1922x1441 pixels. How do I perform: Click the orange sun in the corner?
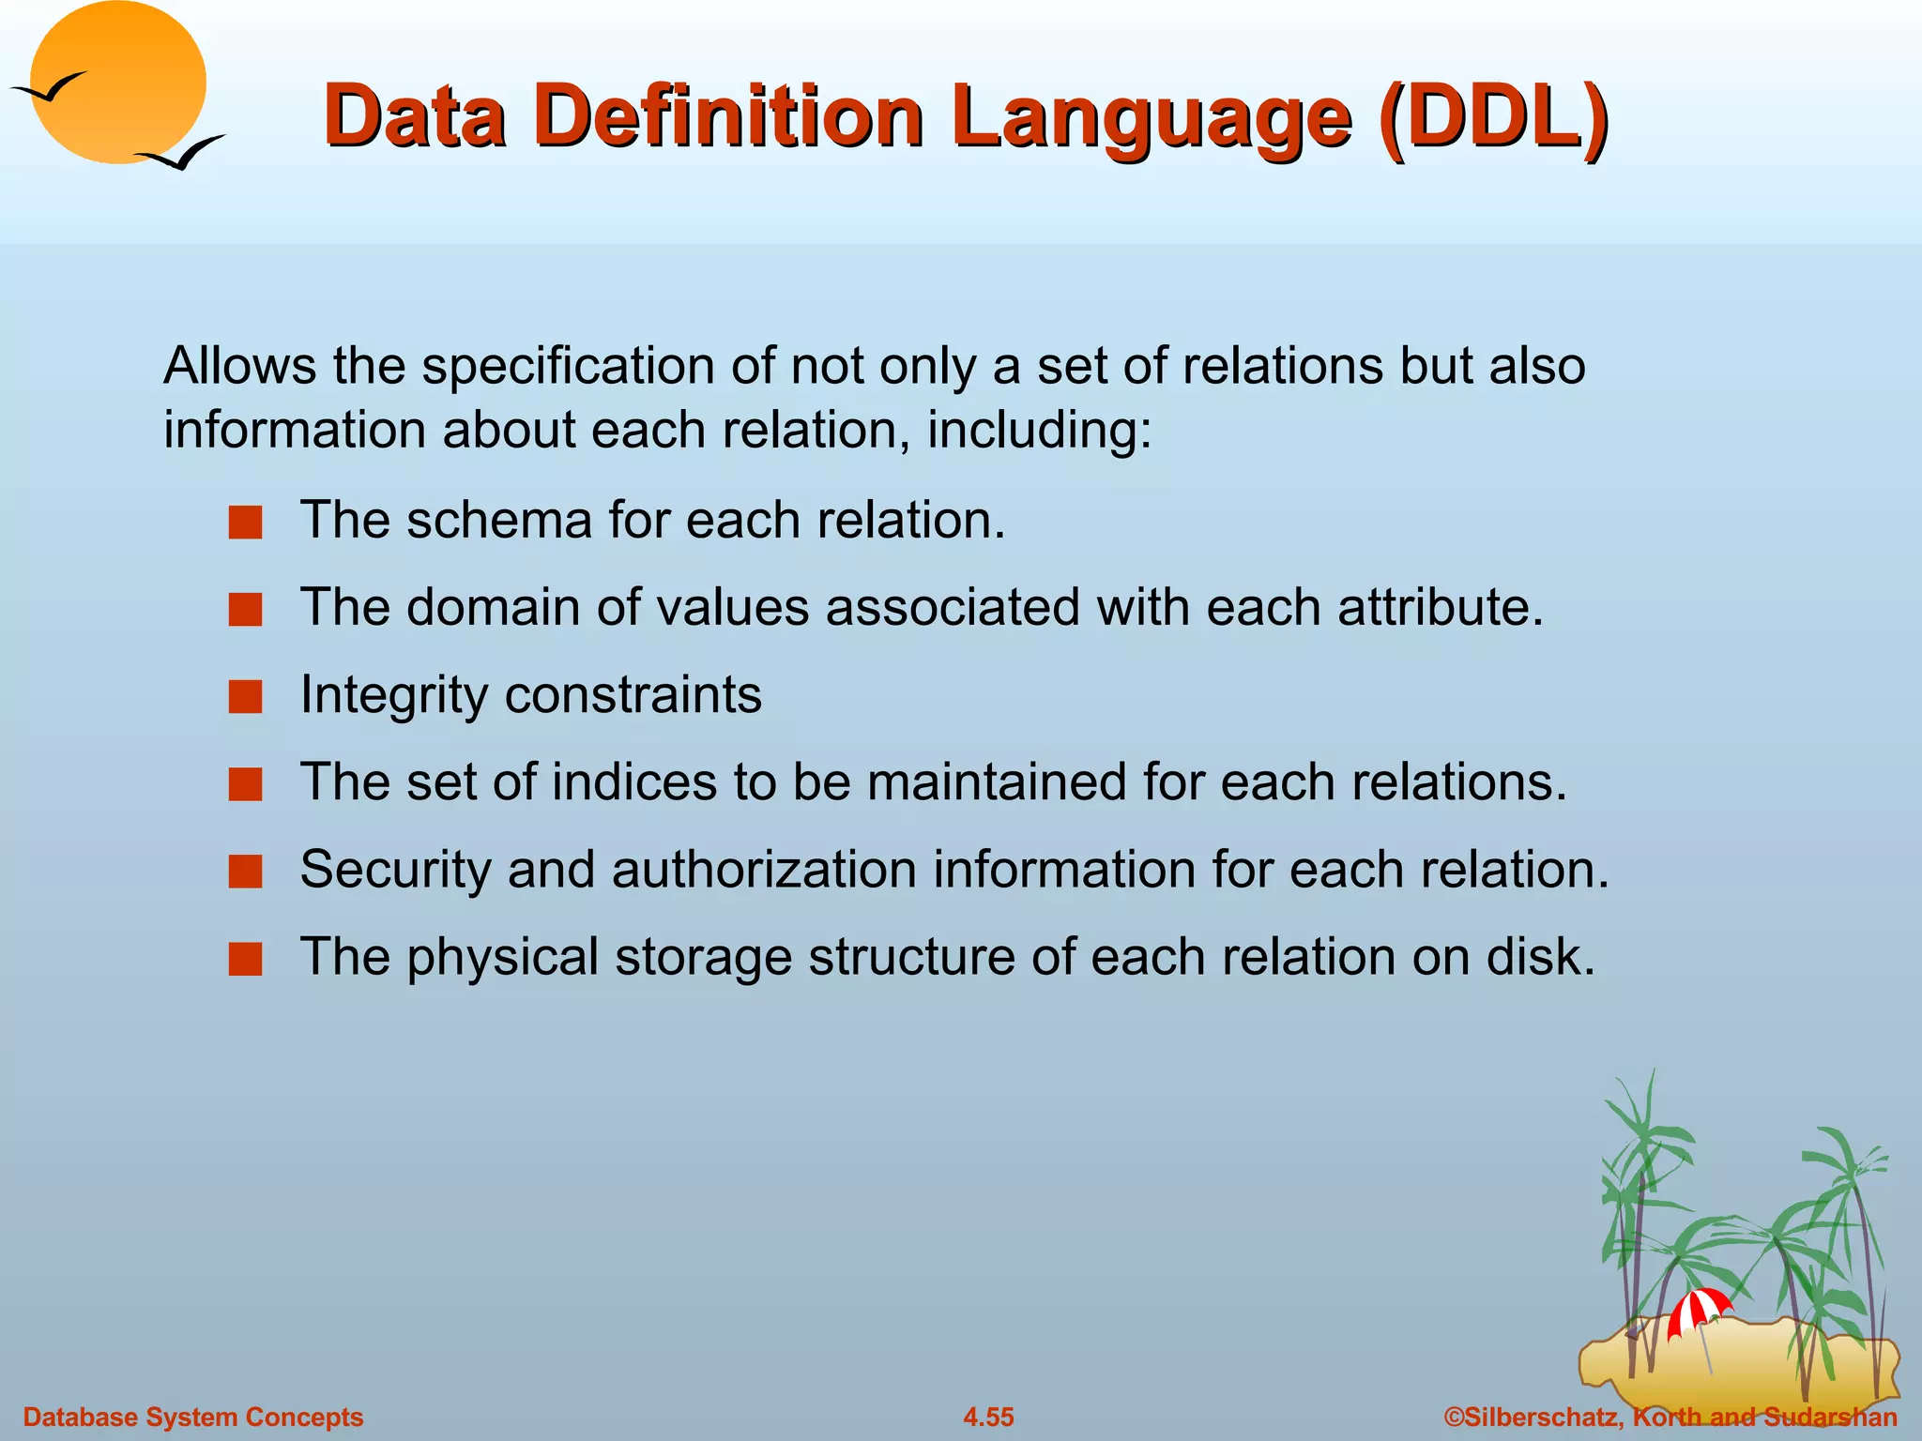[x=119, y=83]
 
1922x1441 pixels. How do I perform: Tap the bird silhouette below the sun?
[x=183, y=153]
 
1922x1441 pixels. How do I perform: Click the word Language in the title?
[x=1151, y=120]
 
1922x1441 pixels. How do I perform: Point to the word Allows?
[x=239, y=365]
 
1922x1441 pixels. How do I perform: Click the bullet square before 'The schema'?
[x=246, y=523]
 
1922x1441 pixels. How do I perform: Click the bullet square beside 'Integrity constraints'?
[x=246, y=697]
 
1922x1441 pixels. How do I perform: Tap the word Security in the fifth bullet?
[x=394, y=871]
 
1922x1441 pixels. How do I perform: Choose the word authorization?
[x=764, y=869]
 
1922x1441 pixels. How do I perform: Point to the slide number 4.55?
[x=988, y=1417]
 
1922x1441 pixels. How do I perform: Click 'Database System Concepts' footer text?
[x=192, y=1417]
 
